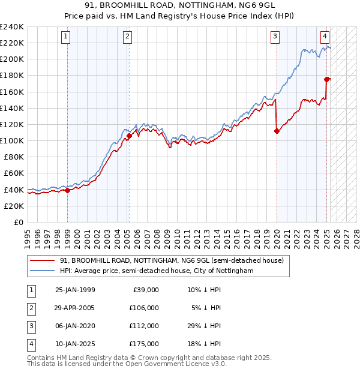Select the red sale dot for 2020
coord(277,131)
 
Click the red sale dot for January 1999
coord(67,190)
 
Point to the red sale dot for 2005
coord(129,136)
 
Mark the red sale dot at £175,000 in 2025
coord(327,79)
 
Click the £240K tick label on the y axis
coord(12,27)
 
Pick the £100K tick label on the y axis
coord(12,140)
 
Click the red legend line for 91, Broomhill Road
coord(43,260)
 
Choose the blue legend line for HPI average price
coord(43,271)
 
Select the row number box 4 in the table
coord(31,344)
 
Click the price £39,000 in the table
coord(145,290)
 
